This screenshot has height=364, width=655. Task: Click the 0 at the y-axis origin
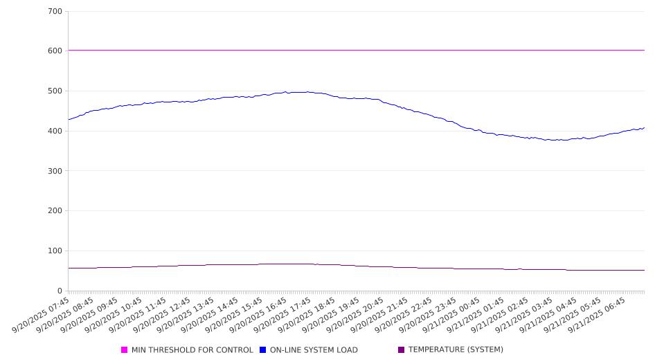coord(60,291)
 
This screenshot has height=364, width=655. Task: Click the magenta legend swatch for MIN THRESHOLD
coord(125,350)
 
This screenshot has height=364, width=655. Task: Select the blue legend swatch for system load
coord(263,350)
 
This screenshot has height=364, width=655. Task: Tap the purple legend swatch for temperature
coord(402,350)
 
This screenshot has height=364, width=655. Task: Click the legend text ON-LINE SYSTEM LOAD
coord(314,350)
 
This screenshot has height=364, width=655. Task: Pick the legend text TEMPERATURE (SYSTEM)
coord(456,350)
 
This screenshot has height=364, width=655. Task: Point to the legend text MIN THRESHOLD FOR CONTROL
coord(192,350)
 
